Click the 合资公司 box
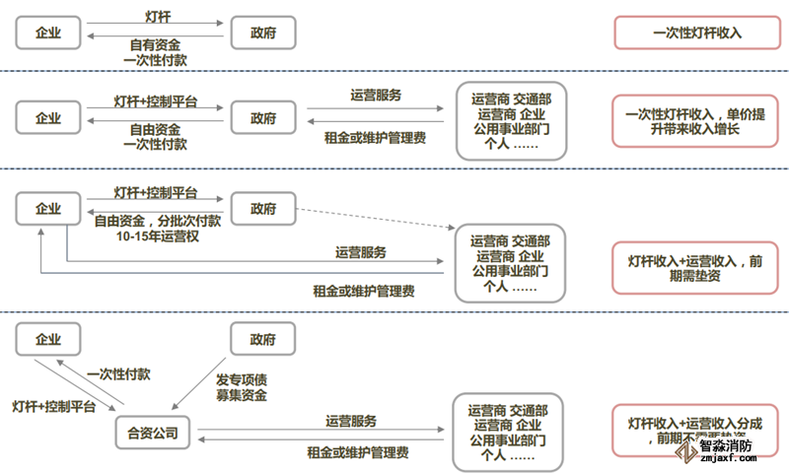tap(153, 432)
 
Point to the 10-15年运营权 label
tap(158, 236)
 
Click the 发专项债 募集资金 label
tap(241, 387)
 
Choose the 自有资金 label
tap(155, 44)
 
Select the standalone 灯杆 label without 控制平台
tap(158, 18)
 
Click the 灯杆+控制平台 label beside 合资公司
tap(53, 406)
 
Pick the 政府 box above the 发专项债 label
tap(262, 339)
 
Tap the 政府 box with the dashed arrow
tap(262, 208)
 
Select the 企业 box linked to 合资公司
tap(47, 339)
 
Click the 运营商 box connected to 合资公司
tap(509, 432)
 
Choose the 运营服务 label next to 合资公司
tap(351, 421)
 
